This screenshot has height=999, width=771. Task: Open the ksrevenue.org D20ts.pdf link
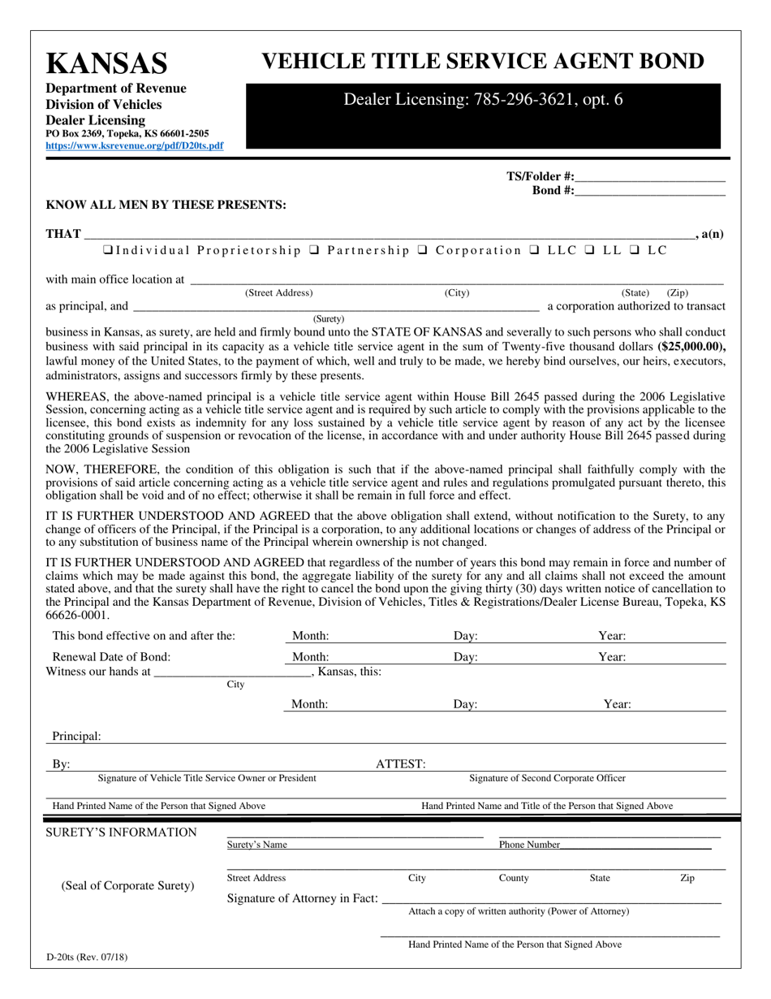coord(134,146)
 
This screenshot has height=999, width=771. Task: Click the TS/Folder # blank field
coord(649,176)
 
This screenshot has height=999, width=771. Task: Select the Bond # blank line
coord(649,191)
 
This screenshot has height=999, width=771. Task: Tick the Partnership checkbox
coord(313,250)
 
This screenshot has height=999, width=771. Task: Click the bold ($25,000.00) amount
coord(691,346)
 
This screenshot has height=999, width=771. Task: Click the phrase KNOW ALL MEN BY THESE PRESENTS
coord(166,205)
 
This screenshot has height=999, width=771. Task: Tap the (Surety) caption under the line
coord(329,319)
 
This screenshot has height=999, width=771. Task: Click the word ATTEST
coord(400,764)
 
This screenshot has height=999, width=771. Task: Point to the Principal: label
coord(77,737)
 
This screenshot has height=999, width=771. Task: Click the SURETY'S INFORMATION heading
coord(121,832)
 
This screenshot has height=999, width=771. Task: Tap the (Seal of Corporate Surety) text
coord(128,885)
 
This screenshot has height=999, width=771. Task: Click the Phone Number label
coord(529,845)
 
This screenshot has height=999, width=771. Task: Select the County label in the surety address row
coord(514,878)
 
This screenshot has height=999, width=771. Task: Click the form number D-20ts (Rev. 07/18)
coord(89,957)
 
